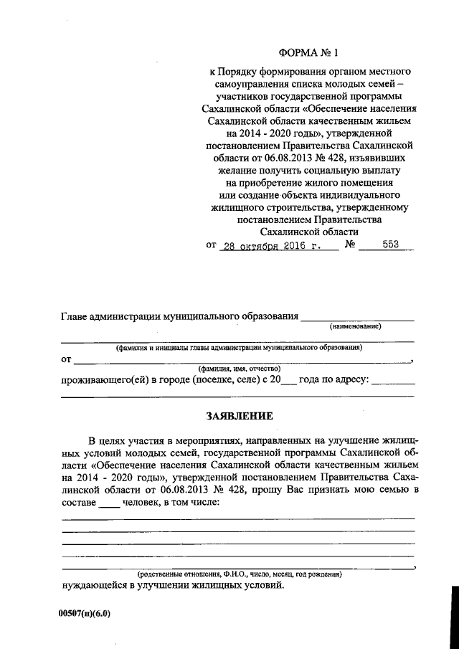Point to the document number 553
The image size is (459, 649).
[390, 245]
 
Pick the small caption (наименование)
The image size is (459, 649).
[355, 326]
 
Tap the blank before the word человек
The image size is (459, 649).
[109, 503]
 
